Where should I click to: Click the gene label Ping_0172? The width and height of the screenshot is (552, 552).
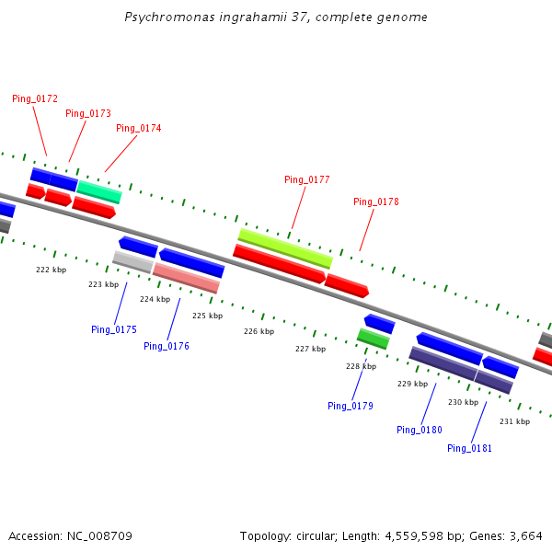(35, 98)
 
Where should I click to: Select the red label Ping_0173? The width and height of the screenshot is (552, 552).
(88, 113)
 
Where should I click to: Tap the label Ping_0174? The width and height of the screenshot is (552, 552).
(139, 128)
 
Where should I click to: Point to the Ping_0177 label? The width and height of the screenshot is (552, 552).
(307, 179)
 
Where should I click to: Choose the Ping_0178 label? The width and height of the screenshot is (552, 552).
(376, 201)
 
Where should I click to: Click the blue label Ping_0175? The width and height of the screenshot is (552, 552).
(114, 329)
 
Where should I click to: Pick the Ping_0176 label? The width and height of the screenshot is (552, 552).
(167, 346)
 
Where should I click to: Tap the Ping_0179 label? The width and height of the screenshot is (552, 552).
(351, 405)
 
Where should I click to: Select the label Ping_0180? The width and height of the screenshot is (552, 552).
(420, 430)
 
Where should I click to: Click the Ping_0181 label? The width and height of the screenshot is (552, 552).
(470, 448)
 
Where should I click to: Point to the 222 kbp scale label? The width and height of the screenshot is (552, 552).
(52, 270)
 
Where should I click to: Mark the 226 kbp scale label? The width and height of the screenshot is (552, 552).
(259, 331)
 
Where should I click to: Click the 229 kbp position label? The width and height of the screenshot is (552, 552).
(412, 384)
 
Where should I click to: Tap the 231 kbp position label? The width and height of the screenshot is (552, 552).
(514, 421)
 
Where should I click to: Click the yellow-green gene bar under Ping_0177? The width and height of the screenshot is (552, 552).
(284, 247)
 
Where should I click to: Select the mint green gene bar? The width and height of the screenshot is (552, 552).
(98, 191)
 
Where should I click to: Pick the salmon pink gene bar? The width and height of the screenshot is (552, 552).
(186, 278)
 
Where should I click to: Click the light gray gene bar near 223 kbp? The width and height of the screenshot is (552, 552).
(132, 262)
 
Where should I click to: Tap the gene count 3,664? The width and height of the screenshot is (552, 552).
(527, 535)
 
